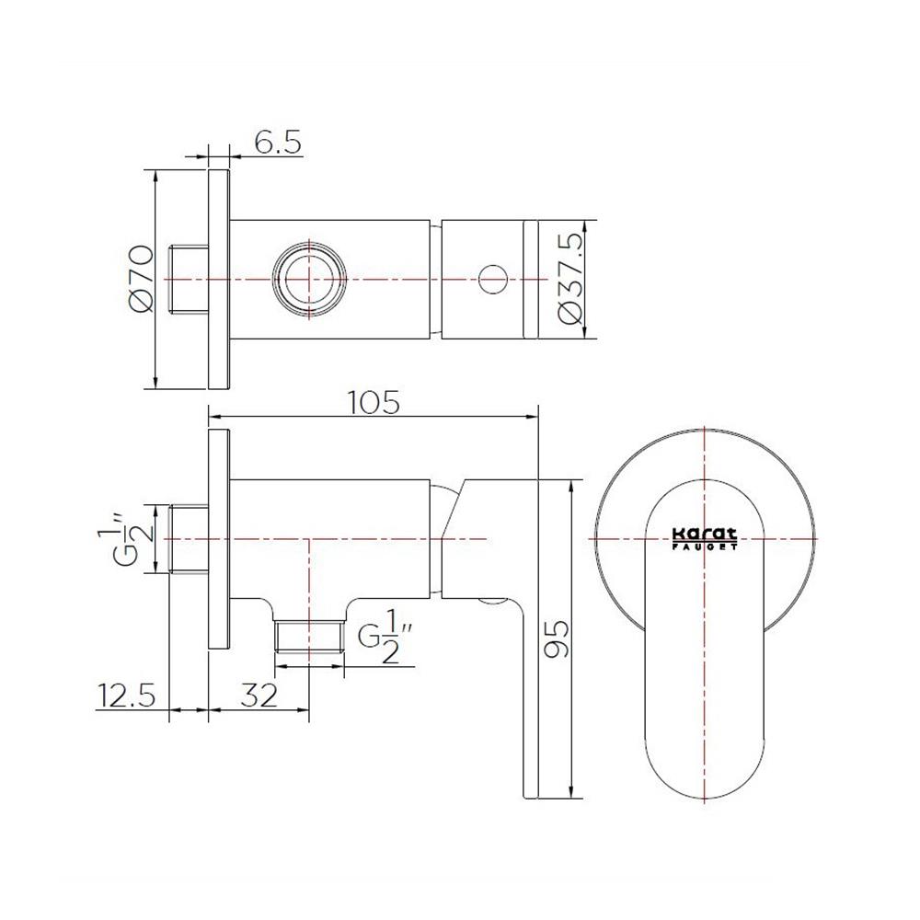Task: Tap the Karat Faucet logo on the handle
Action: point(704,537)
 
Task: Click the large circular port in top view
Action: point(311,279)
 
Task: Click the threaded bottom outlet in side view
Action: point(310,637)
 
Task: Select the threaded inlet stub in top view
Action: point(190,279)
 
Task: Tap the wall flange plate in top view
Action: point(219,279)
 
